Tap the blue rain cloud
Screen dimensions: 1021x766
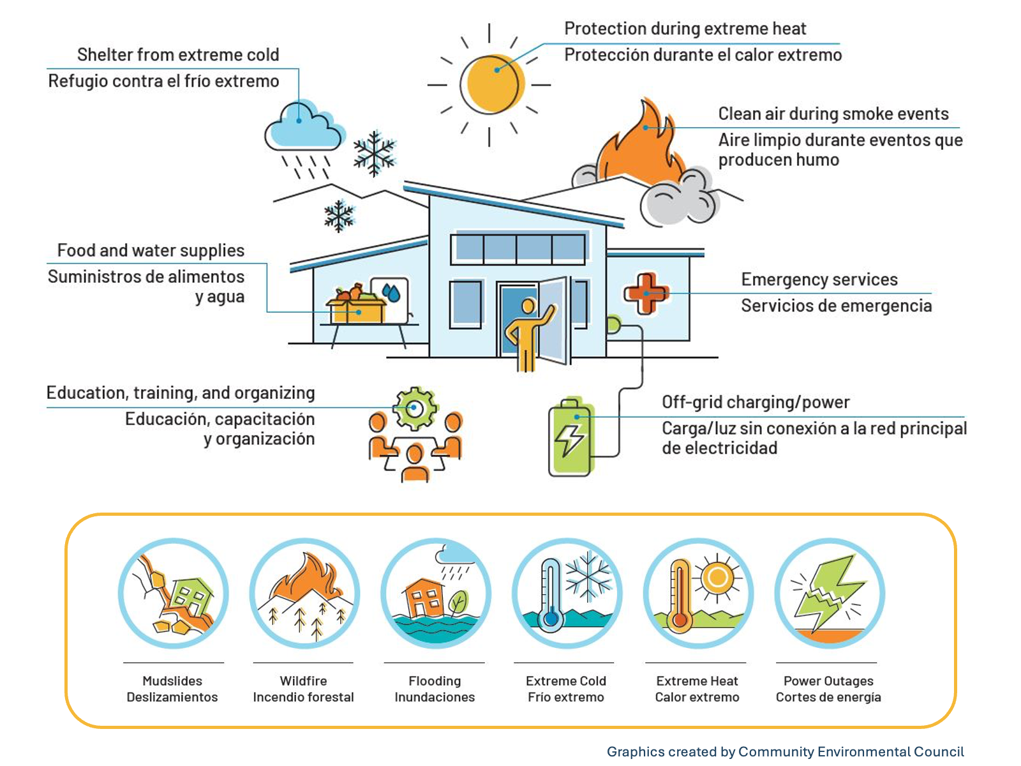click(x=304, y=126)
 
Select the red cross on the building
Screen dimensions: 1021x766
click(x=646, y=294)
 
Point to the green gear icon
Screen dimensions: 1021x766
click(x=416, y=409)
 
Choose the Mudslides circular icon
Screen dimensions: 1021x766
click(x=174, y=594)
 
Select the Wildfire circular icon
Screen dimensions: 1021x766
click(x=304, y=594)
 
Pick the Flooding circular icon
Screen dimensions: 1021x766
click(x=436, y=594)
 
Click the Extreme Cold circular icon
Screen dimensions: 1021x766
click(x=567, y=594)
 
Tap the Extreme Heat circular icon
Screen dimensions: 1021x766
click(x=698, y=594)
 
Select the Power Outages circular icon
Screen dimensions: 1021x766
click(x=830, y=594)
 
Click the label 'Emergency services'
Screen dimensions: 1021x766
click(x=819, y=280)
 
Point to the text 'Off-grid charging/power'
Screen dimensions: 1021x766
click(x=756, y=402)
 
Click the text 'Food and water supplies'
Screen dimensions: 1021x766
click(x=151, y=251)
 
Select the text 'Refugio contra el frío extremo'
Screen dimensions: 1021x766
click(x=164, y=82)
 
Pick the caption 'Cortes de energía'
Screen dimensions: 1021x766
click(x=828, y=697)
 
